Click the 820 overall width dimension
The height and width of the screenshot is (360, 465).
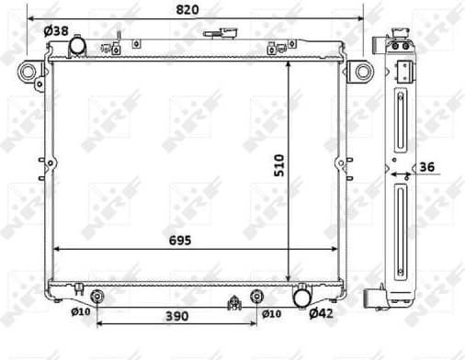pos(187,9)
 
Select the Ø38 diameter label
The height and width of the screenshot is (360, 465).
pos(56,30)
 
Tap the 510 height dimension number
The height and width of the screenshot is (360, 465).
pos(280,165)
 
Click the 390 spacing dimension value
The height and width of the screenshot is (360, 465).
pos(176,316)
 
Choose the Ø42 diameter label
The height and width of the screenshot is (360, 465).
pos(320,314)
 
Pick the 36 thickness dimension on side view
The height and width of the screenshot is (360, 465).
pos(426,166)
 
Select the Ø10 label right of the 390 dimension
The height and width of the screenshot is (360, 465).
pos(271,314)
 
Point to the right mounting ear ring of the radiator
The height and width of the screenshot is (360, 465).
pos(363,71)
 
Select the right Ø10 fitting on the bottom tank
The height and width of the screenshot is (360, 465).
pos(256,296)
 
